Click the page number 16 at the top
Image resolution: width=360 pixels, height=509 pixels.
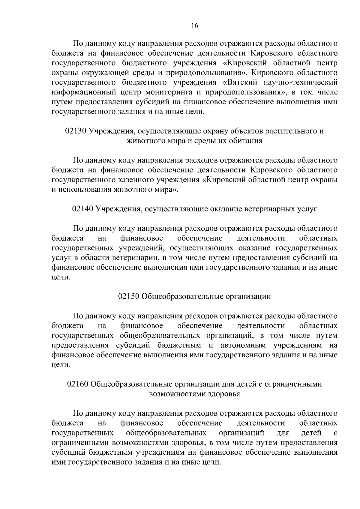point(195,26)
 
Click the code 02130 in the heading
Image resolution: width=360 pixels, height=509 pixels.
point(76,131)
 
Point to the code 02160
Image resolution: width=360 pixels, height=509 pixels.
point(78,384)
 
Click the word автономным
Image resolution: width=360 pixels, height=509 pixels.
point(243,345)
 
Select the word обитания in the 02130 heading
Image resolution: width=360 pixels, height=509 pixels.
point(246,141)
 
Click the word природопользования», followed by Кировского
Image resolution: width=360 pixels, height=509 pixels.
point(204,73)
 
